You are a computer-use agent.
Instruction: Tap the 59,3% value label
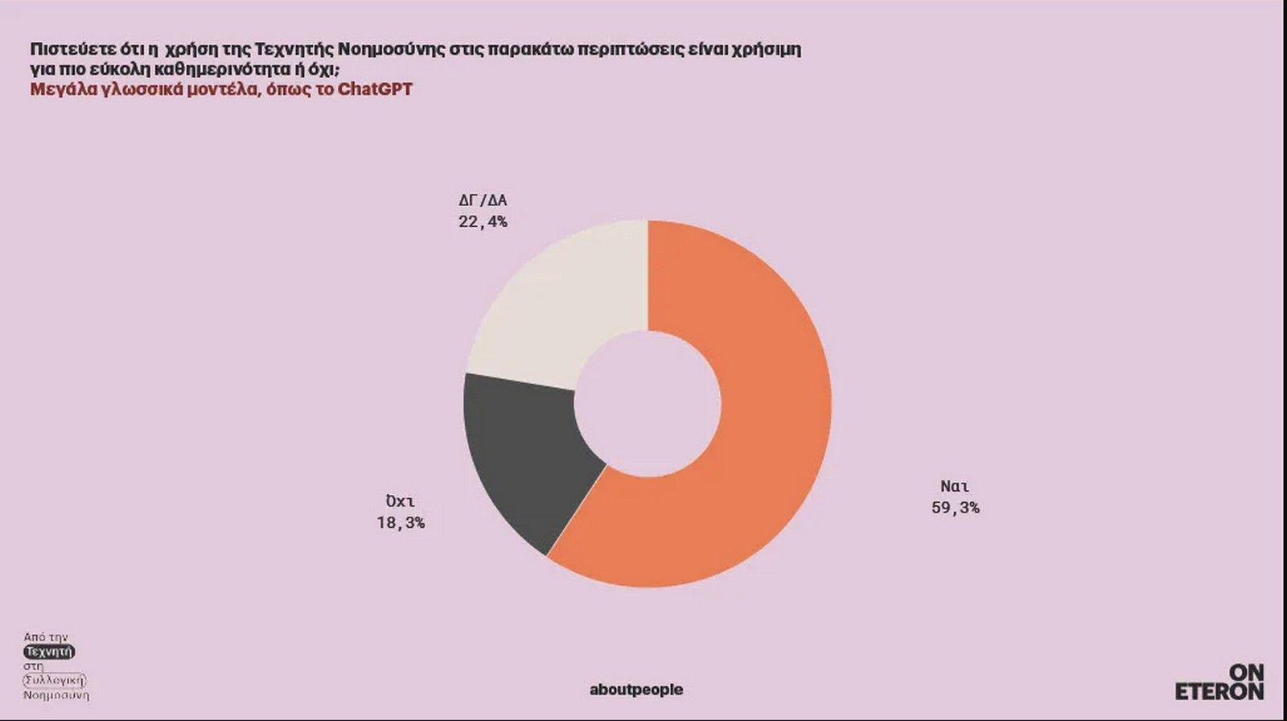click(956, 508)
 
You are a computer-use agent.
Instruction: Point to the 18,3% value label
click(401, 523)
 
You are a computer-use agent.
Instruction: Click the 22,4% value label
click(483, 222)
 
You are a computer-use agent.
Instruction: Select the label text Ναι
click(955, 487)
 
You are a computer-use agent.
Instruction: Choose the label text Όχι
click(400, 502)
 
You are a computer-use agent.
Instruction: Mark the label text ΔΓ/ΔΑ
click(483, 201)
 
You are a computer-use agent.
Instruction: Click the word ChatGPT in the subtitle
click(375, 89)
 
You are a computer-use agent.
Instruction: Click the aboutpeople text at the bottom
click(636, 690)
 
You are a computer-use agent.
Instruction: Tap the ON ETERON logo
click(1220, 682)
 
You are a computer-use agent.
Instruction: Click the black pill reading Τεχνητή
click(49, 652)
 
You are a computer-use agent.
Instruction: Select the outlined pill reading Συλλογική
click(54, 681)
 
